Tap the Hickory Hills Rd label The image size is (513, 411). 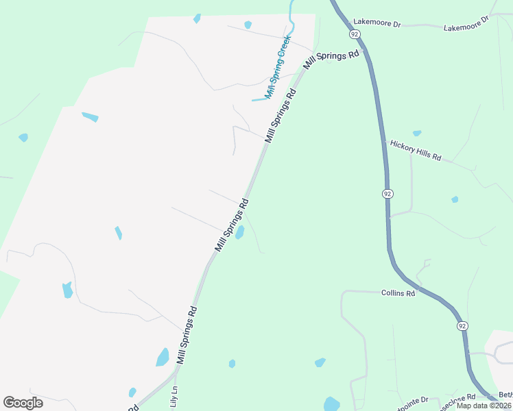tap(416, 149)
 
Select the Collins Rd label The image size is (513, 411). tap(398, 293)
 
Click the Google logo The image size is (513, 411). tap(23, 403)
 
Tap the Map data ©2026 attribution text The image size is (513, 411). tap(484, 406)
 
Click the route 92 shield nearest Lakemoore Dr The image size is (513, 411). tap(355, 34)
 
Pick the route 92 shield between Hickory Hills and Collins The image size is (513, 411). tap(387, 194)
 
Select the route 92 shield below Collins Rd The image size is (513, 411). tap(462, 325)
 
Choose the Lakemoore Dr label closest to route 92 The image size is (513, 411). tap(377, 23)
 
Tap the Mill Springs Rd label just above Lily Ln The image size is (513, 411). tap(187, 334)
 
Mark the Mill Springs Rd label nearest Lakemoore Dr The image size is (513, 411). tap(333, 60)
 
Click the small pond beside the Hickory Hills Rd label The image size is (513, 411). tap(416, 133)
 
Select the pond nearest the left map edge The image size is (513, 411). tap(23, 138)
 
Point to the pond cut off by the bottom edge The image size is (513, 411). tap(331, 404)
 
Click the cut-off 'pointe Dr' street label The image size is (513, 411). tap(410, 400)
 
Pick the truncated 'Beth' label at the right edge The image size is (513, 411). tap(505, 395)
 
